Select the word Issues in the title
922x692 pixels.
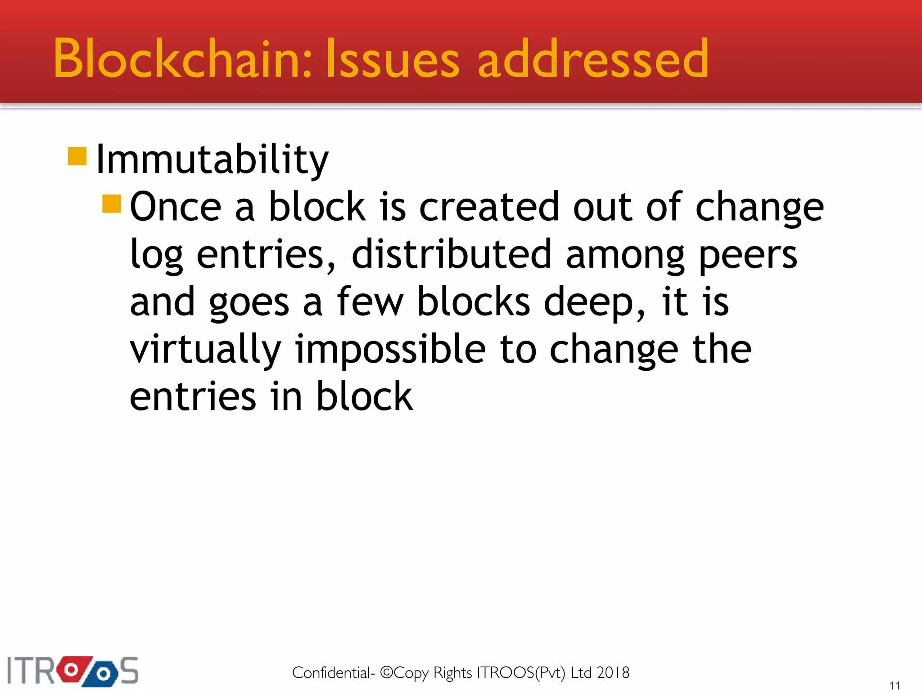click(392, 59)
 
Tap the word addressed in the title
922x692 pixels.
click(593, 59)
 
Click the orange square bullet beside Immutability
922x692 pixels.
click(77, 156)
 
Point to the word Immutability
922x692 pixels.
click(212, 160)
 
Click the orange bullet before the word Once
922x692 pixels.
click(112, 204)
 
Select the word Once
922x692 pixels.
click(176, 207)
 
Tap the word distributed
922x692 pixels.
click(452, 255)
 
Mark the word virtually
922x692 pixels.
click(205, 351)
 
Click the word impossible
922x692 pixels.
click(390, 351)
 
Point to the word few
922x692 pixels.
click(370, 302)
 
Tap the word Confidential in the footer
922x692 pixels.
click(331, 673)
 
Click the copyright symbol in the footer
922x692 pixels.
click(387, 672)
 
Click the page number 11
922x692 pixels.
click(895, 685)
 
